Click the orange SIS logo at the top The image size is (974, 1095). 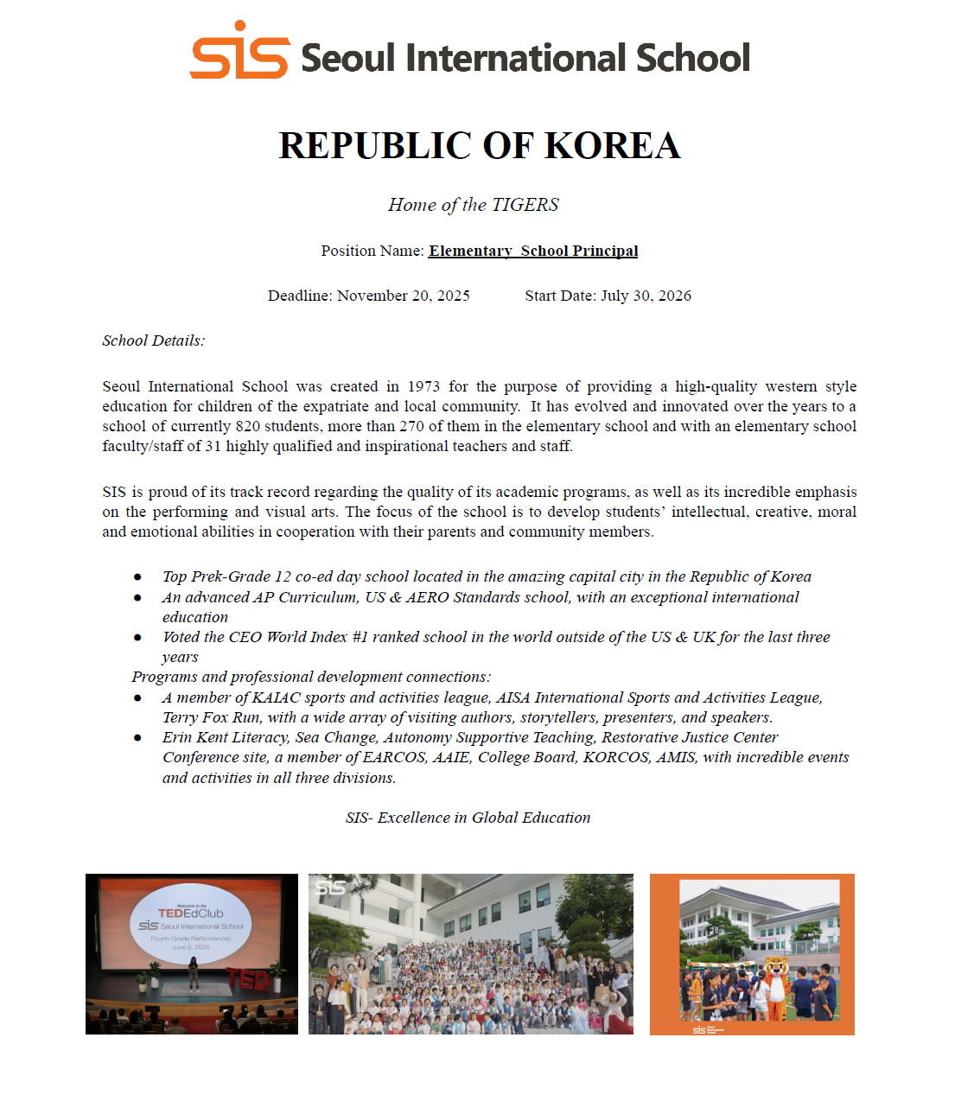coord(239,53)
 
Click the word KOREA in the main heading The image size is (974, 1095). coord(613,146)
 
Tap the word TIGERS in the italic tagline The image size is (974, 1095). coord(525,205)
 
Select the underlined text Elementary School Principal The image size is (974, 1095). coord(533,251)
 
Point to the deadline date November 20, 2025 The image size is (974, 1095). coord(404,296)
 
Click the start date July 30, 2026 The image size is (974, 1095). coord(646,296)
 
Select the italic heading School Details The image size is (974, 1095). coord(153,341)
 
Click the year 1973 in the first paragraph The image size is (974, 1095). coord(423,386)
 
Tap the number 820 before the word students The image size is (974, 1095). coord(248,426)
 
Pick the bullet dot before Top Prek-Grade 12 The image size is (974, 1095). coord(137,576)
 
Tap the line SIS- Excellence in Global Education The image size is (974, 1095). coord(468,818)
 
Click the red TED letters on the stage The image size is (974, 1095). coord(247,979)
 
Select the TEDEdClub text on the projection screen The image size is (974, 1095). coord(190,914)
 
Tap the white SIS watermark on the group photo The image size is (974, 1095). coord(331,888)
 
